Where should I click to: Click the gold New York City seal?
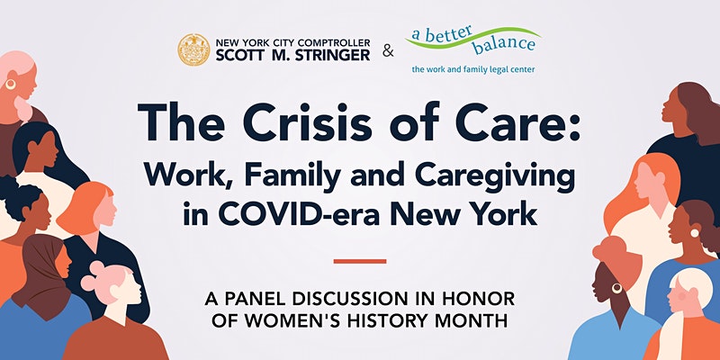tap(193, 49)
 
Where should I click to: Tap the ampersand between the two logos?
tap(388, 51)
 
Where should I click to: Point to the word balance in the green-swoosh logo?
tap(504, 45)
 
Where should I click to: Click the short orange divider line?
tap(360, 261)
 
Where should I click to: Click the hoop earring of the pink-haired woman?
tap(10, 84)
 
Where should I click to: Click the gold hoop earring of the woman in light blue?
tap(616, 288)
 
